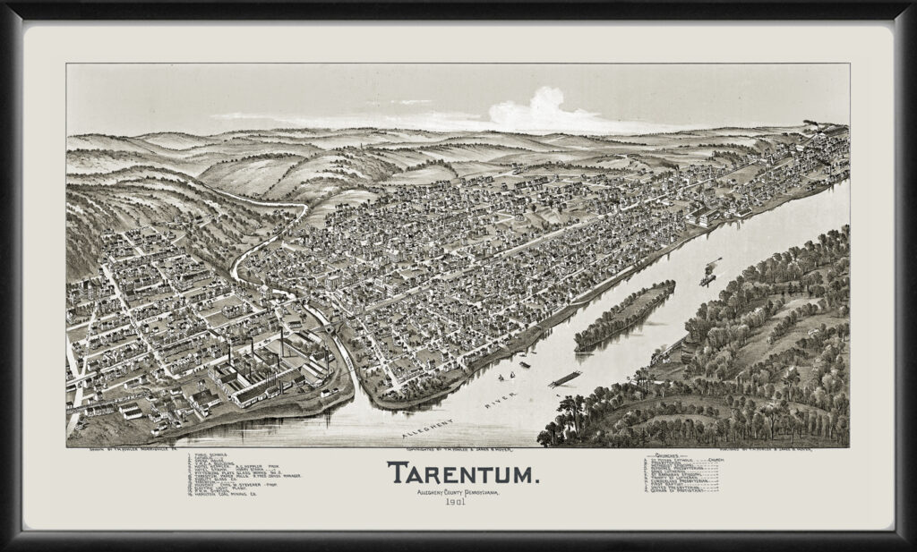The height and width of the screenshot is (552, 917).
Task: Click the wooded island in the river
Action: [x=625, y=316]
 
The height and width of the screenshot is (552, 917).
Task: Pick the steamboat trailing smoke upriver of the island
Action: [x=707, y=274]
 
